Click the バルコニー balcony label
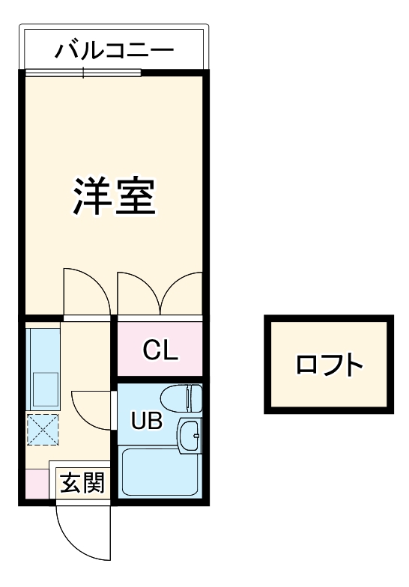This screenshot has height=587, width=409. pos(114,51)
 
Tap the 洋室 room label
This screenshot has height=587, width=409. pos(114,196)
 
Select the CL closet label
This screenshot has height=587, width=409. pos(160,350)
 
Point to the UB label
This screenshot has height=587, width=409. pos(147,422)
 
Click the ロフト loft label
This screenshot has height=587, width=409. pos(329,365)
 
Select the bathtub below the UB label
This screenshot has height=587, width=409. pos(160,472)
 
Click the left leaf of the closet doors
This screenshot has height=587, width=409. pos(139,292)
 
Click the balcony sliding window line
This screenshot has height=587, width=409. pos(82,73)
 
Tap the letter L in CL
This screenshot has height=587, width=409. pos(171,350)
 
